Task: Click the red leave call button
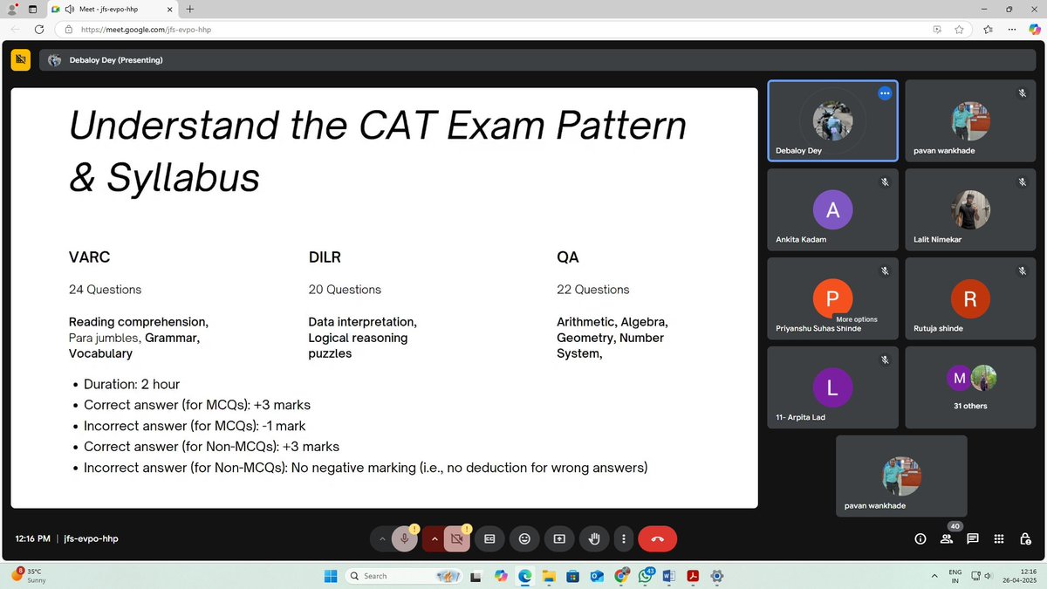coord(657,539)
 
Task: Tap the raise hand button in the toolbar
coord(594,539)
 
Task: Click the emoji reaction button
coord(524,539)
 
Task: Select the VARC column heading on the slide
coord(89,257)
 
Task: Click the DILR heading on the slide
coord(325,257)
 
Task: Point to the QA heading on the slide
coord(568,257)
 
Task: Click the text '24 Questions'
coord(105,290)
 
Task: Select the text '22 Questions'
coord(592,290)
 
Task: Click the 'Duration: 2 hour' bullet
coord(132,384)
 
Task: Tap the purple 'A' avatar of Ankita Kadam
coord(832,209)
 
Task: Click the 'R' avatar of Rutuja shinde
coord(970,298)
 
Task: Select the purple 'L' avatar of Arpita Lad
coord(832,387)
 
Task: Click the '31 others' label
coord(970,406)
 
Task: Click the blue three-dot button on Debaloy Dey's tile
coord(885,93)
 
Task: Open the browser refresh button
coord(38,29)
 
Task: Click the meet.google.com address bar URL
coord(146,30)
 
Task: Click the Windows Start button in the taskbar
coord(331,576)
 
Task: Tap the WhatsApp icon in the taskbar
coord(646,576)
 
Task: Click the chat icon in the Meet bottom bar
coord(973,539)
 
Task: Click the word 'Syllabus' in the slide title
coord(183,177)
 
